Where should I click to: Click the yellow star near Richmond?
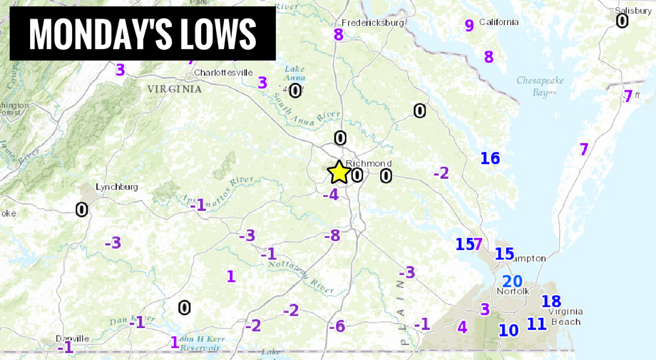tap(339, 172)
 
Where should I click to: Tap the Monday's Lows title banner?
tap(143, 34)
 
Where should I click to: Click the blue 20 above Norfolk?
tap(513, 282)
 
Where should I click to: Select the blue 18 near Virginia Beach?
tap(551, 302)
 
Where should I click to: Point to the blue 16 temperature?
tap(490, 158)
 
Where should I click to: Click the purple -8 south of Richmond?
tap(332, 235)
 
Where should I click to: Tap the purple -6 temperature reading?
tap(337, 326)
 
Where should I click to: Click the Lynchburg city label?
tap(117, 187)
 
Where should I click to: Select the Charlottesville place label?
tap(223, 72)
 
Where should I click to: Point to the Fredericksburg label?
tap(373, 23)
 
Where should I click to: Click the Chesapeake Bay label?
tap(540, 86)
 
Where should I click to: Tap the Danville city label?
tap(73, 339)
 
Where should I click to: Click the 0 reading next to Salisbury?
tap(622, 21)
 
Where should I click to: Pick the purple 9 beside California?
tap(469, 26)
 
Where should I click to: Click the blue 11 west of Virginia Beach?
tap(536, 324)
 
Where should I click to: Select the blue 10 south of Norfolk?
tap(508, 330)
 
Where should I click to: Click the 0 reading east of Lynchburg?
tap(82, 210)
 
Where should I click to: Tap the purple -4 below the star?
tap(330, 194)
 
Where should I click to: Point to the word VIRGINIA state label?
tap(174, 89)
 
